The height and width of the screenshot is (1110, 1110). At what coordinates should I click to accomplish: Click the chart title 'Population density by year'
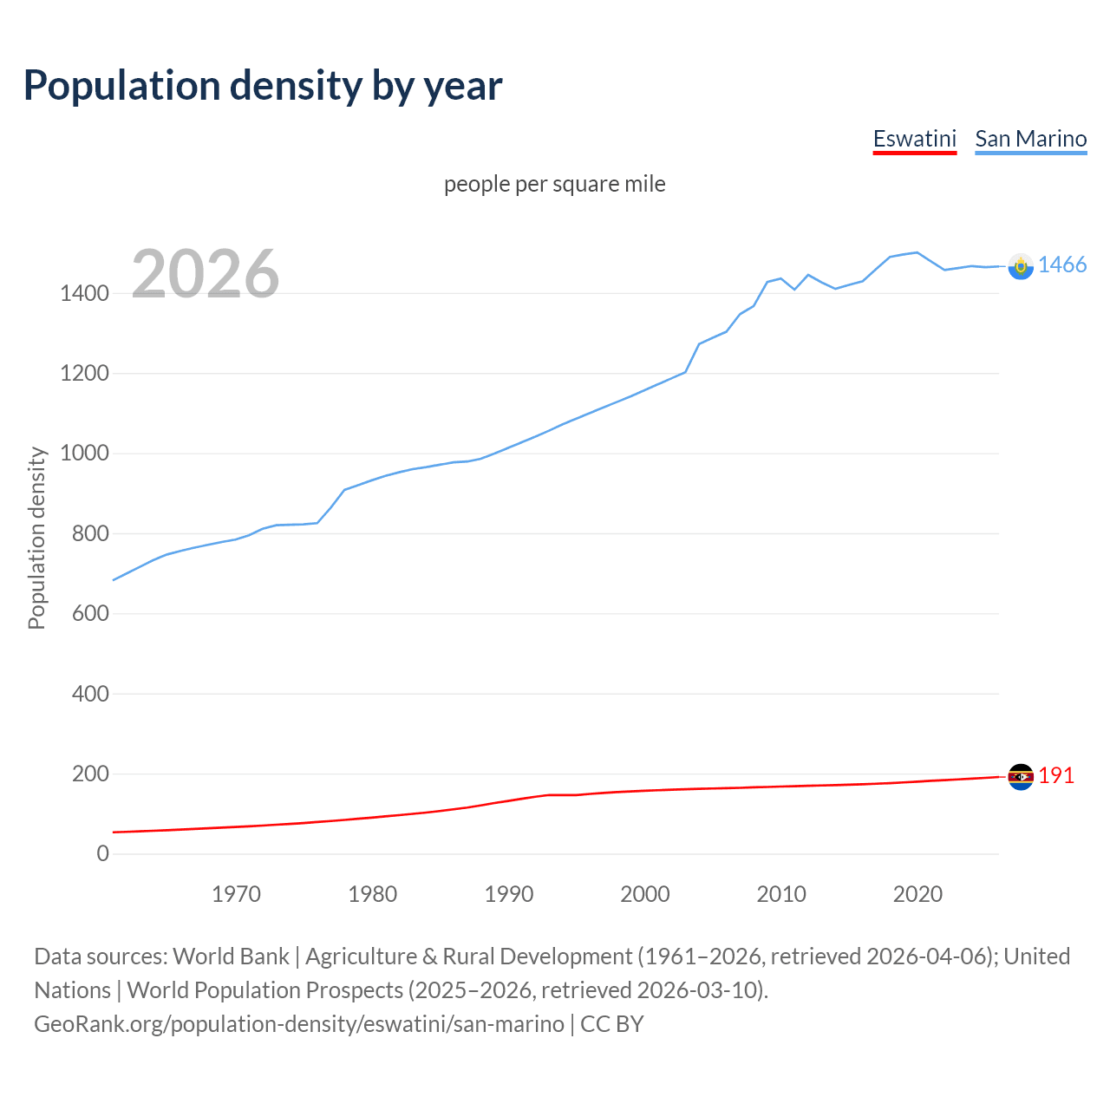pos(263,86)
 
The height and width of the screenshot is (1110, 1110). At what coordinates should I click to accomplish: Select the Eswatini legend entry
pos(914,139)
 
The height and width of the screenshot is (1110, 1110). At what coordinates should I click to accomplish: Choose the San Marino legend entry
pos(1030,139)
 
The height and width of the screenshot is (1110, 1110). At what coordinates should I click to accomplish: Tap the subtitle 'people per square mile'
pos(554,185)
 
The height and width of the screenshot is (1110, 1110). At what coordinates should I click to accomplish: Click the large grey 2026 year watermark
pos(206,274)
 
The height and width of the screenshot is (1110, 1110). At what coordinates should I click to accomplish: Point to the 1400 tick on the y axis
pos(84,294)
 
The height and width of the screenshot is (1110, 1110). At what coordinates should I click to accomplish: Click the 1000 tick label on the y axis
pos(84,454)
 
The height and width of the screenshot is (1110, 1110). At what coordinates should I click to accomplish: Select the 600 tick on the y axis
pos(90,614)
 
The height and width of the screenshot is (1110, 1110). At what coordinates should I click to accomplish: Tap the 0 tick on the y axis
pos(103,854)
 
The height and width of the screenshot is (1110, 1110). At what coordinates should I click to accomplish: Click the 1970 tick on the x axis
pos(236,894)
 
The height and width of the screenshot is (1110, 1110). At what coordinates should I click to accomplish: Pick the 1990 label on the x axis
pos(509,894)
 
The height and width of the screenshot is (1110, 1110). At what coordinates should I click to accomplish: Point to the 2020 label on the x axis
pos(917,894)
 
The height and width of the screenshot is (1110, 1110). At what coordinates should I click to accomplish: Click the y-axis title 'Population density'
pos(36,538)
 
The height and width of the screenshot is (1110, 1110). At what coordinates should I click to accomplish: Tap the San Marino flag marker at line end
pos(1021,266)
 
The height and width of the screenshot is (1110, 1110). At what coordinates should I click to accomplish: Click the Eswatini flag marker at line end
pos(1021,776)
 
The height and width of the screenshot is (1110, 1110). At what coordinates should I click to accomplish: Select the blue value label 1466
pos(1062,265)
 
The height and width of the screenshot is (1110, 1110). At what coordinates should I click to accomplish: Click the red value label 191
pos(1056,776)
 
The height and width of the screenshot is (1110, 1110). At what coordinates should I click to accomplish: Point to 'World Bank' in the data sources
pos(231,957)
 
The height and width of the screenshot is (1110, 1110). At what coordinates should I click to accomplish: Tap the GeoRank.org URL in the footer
pos(299,1024)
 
